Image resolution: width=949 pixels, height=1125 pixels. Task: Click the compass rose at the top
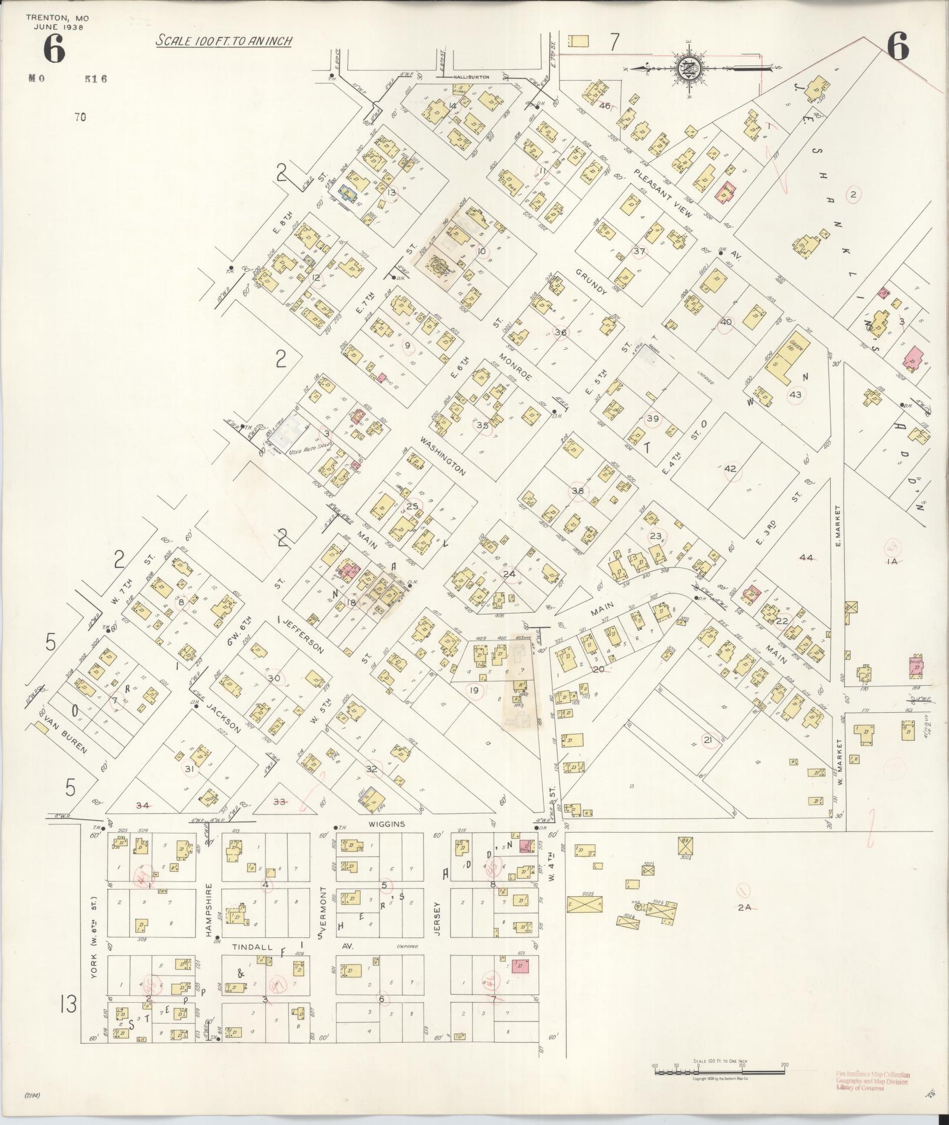687,68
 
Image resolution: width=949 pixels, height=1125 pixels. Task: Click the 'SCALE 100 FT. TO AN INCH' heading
224,41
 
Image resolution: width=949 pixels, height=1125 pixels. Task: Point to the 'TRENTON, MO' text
57,18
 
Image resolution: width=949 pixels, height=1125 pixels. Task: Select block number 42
730,469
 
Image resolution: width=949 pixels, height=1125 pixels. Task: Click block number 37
640,252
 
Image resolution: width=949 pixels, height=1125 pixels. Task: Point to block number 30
274,678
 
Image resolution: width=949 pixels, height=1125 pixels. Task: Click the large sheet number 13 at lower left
68,1004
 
